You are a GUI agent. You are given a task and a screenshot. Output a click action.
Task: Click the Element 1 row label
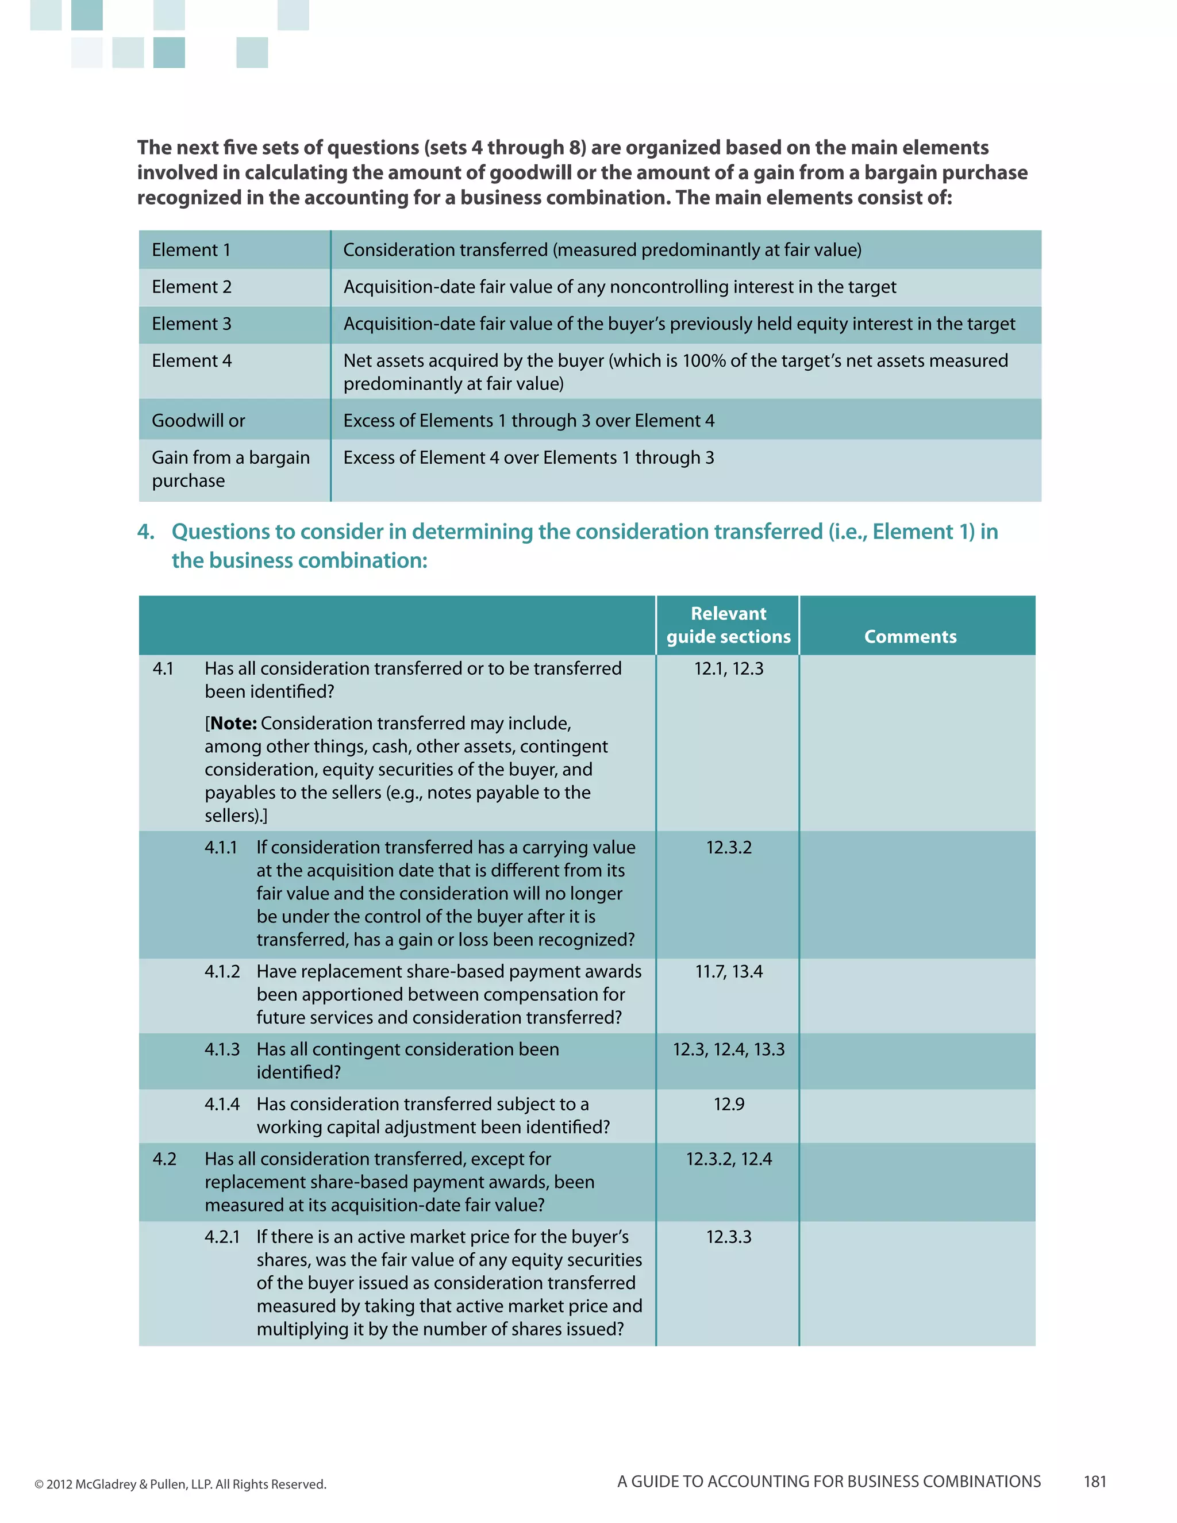pos(191,249)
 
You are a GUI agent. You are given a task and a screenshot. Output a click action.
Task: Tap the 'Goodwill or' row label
pos(198,421)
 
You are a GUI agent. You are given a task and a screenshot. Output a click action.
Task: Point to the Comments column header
pos(910,636)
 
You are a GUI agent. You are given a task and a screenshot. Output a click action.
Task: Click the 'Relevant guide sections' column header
pos(728,625)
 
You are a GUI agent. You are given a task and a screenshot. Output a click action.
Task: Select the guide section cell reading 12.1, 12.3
pos(728,668)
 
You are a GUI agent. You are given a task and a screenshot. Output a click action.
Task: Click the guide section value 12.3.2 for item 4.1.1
pos(728,847)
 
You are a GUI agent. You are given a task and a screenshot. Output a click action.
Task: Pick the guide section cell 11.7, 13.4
pos(728,971)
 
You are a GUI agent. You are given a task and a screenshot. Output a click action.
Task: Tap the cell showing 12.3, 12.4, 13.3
pos(728,1049)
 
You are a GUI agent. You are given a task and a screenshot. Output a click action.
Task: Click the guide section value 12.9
pos(728,1104)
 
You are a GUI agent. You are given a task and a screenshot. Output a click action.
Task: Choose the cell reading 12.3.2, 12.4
pos(728,1159)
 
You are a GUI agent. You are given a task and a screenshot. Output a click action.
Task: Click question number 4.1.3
pos(222,1049)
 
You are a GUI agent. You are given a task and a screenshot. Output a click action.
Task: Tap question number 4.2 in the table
pos(164,1159)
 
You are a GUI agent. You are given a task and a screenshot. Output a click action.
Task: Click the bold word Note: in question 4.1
pos(233,723)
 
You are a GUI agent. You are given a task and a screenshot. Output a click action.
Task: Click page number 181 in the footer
pos(1095,1481)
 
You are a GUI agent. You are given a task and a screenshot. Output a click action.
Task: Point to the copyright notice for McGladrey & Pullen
pos(180,1484)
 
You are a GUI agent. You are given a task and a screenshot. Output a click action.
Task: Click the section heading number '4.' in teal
pos(146,532)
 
